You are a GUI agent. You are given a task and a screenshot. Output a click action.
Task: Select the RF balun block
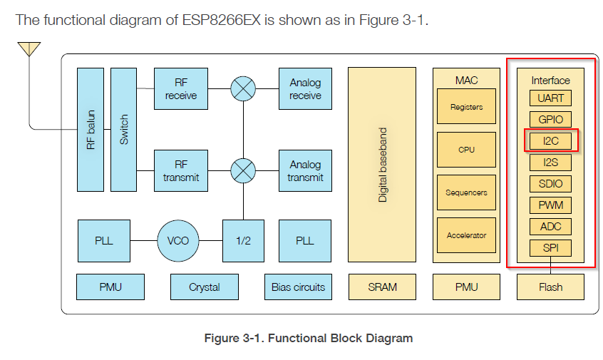[x=90, y=129]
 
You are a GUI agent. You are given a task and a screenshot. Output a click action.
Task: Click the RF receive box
[x=181, y=89]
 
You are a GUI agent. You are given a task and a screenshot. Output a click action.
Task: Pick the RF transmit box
[x=181, y=171]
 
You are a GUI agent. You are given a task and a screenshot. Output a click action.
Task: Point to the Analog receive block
[x=305, y=89]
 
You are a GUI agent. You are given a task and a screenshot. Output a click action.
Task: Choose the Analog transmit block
[x=305, y=171]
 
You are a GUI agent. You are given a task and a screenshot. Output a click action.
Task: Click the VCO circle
[x=178, y=240]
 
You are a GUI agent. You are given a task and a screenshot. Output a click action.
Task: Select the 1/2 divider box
[x=243, y=240]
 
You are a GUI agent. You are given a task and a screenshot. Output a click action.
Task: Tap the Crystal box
[x=204, y=287]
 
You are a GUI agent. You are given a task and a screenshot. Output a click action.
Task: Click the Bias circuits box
[x=298, y=287]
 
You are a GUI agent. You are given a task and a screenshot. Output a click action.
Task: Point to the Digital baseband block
[x=382, y=165]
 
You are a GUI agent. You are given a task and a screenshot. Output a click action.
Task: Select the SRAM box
[x=382, y=287]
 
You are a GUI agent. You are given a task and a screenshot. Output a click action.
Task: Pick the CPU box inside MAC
[x=466, y=150]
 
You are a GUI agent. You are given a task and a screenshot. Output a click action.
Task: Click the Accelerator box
[x=466, y=235]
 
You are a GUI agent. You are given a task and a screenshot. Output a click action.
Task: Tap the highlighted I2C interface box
[x=551, y=141]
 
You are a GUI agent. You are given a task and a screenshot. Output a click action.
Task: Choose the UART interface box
[x=551, y=98]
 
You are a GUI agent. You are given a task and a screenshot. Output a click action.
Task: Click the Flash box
[x=550, y=287]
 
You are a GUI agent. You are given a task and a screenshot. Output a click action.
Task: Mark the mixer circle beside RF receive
[x=243, y=89]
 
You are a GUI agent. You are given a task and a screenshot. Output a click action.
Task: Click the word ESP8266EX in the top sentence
[x=221, y=20]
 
